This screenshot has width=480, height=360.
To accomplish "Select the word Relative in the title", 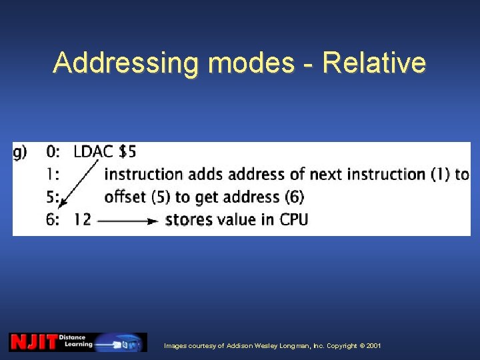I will (373, 63).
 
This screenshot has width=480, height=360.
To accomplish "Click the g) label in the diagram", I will (21, 152).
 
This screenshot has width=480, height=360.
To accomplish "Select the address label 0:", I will (53, 152).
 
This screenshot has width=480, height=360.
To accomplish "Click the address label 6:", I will (53, 219).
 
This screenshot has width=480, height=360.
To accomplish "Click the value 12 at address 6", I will (82, 219).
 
